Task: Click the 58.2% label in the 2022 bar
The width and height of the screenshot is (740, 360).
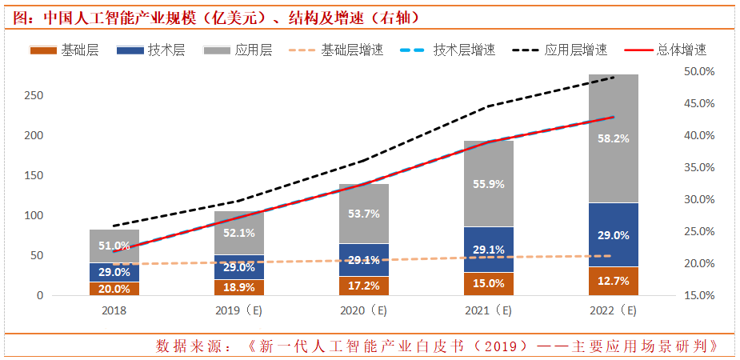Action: click(614, 138)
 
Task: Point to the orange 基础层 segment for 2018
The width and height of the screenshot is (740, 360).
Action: click(114, 289)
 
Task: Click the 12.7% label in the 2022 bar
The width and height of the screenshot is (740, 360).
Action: click(614, 282)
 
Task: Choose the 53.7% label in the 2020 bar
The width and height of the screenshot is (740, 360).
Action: click(364, 214)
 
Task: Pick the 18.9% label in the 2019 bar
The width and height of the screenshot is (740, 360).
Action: click(239, 287)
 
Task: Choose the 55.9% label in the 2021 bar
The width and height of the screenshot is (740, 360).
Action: click(489, 183)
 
